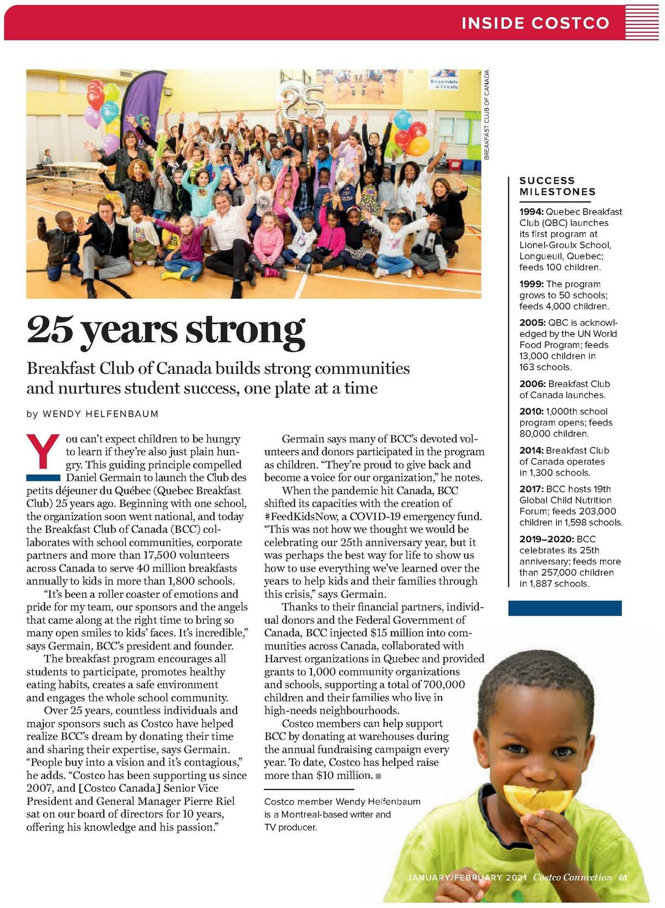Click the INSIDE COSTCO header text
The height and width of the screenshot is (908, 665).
(535, 23)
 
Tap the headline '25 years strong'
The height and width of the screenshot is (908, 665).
(166, 330)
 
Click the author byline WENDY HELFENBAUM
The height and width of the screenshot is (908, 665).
(100, 414)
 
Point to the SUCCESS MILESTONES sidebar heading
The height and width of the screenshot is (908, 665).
(557, 186)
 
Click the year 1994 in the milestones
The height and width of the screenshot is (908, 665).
(531, 212)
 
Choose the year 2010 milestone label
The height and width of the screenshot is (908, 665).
(531, 411)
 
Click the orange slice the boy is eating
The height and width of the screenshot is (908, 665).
(536, 799)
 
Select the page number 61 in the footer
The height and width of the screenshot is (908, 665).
(623, 877)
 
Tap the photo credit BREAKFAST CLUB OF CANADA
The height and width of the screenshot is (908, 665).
(487, 115)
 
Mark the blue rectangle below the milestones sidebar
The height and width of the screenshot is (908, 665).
(565, 608)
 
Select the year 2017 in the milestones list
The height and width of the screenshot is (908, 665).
(531, 489)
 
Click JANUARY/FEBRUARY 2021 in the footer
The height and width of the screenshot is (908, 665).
(467, 878)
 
